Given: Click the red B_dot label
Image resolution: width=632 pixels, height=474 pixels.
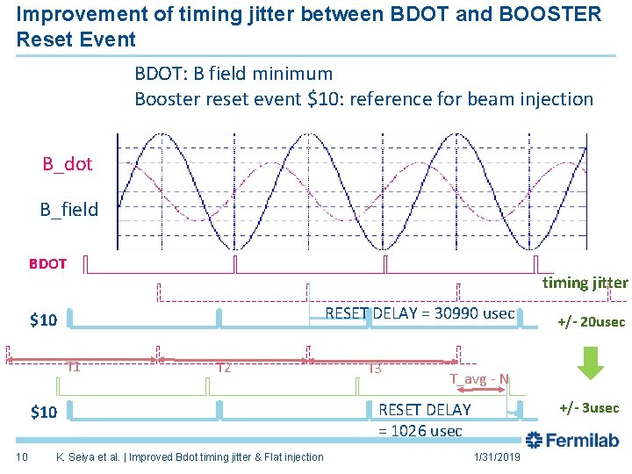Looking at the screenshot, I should pyautogui.click(x=68, y=164).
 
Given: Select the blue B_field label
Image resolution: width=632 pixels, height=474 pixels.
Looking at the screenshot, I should pyautogui.click(x=68, y=209).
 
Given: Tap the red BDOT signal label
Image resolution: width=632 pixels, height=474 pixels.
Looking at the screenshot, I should pyautogui.click(x=47, y=263).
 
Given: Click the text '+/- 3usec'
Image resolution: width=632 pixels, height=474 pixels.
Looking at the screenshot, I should pyautogui.click(x=589, y=408).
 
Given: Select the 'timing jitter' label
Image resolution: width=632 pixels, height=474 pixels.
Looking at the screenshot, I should pyautogui.click(x=585, y=283).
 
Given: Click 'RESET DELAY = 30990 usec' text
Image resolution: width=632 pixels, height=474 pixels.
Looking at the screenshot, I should pyautogui.click(x=420, y=313).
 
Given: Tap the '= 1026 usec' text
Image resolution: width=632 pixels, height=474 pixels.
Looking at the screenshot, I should pyautogui.click(x=420, y=431).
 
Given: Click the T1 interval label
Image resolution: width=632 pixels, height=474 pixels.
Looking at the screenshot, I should pyautogui.click(x=74, y=367).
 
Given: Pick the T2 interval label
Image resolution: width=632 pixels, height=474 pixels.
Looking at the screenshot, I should pyautogui.click(x=224, y=368).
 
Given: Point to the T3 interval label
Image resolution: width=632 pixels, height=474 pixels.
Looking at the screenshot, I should pyautogui.click(x=375, y=368).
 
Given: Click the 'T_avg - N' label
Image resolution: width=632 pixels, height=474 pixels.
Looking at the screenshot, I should pyautogui.click(x=479, y=379).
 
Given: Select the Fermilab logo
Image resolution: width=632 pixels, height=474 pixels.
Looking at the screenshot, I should pyautogui.click(x=571, y=440).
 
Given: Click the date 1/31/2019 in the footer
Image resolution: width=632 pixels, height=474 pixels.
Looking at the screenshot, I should pyautogui.click(x=497, y=456).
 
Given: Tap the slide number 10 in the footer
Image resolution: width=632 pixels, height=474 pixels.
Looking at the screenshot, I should pyautogui.click(x=24, y=456).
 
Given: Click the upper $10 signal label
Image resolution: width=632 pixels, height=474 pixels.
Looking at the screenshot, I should pyautogui.click(x=44, y=320).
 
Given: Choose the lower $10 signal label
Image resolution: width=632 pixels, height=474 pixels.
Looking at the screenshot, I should pyautogui.click(x=44, y=412).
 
